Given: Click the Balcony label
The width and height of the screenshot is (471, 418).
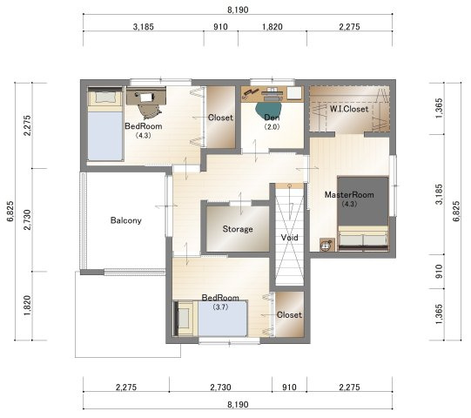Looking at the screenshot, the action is click(126, 220).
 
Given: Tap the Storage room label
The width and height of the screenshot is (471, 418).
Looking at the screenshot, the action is click(238, 229).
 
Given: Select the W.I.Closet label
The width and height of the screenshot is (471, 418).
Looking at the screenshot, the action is click(349, 109).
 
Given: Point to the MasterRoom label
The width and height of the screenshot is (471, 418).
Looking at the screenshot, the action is click(349, 195).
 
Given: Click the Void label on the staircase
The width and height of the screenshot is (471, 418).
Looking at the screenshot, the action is click(290, 238).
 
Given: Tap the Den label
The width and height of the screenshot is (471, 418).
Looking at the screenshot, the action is click(272, 118).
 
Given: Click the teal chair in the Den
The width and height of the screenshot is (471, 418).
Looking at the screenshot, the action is click(269, 110).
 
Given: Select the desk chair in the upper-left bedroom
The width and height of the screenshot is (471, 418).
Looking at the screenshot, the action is click(149, 111).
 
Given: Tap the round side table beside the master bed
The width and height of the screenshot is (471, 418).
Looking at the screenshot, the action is click(326, 245).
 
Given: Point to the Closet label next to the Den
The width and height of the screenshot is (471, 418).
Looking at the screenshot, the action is click(220, 118).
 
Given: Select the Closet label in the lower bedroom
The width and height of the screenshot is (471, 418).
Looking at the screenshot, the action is click(289, 315).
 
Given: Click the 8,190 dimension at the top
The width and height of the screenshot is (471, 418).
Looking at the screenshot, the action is click(238, 10).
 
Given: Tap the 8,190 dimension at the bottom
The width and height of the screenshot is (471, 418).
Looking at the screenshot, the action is click(238, 404).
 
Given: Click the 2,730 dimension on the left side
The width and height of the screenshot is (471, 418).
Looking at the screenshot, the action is click(28, 219).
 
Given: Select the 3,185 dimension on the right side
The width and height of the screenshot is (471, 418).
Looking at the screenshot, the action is click(440, 194).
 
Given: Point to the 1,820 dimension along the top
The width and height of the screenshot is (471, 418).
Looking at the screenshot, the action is click(273, 27).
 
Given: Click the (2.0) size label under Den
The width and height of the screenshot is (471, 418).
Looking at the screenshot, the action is click(272, 127).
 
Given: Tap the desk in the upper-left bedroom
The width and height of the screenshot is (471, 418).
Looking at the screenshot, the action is click(146, 96).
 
